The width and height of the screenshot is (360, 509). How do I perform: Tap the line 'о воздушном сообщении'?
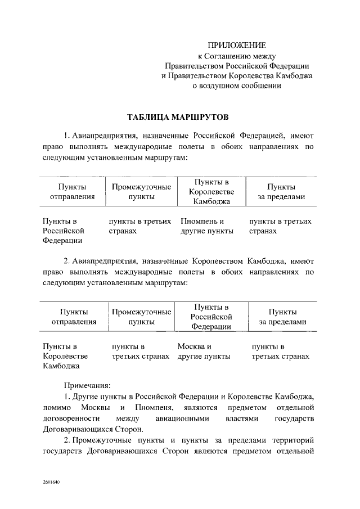(x=236, y=85)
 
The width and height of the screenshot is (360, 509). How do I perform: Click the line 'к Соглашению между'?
(x=236, y=55)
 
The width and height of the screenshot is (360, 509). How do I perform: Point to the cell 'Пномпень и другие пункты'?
(x=206, y=226)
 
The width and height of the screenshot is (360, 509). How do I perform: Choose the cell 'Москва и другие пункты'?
(x=204, y=352)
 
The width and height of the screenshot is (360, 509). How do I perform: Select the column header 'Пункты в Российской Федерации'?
(x=211, y=317)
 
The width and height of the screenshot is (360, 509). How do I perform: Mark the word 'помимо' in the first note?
(x=56, y=407)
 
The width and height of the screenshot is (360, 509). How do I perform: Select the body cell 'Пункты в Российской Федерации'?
(x=63, y=231)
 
